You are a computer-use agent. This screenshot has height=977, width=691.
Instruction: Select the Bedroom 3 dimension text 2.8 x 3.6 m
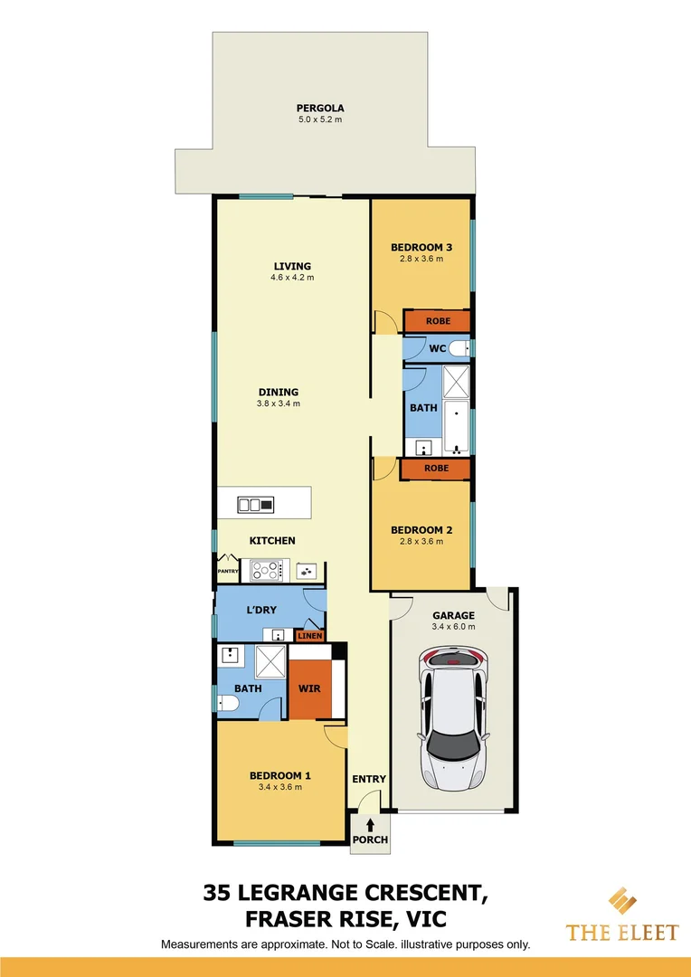tap(421, 259)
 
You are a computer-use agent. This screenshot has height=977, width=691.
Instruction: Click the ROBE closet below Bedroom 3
tap(438, 321)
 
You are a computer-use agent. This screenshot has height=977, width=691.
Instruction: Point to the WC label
tap(437, 348)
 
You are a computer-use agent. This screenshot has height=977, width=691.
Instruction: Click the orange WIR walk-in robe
tap(309, 688)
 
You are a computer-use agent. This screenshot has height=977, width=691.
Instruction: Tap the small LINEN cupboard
tap(310, 636)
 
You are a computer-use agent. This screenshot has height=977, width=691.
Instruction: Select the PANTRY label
tap(227, 572)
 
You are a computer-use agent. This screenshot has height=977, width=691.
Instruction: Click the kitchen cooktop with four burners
tap(267, 570)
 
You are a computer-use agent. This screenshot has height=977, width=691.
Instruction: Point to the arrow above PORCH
tap(370, 824)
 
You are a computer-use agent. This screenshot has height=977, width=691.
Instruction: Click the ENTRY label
tap(369, 779)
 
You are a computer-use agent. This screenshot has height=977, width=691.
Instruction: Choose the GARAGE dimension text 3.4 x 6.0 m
tap(452, 626)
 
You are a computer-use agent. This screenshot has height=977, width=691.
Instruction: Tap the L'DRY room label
tap(261, 610)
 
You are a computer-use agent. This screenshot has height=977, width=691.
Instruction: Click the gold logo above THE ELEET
tap(620, 903)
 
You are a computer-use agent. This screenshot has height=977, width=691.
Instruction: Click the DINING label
tap(279, 393)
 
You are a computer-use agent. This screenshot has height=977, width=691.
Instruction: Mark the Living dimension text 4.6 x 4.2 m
tap(292, 278)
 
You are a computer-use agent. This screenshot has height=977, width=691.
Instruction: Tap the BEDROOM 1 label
tap(280, 775)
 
